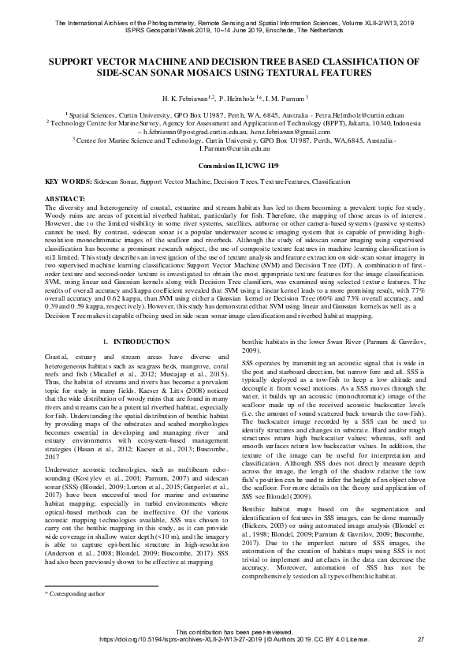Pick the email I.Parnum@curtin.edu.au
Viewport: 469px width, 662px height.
(234, 148)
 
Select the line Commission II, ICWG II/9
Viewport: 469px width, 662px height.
(234, 166)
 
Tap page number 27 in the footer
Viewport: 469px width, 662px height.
(419, 638)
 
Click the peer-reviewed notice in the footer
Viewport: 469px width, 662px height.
(234, 630)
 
